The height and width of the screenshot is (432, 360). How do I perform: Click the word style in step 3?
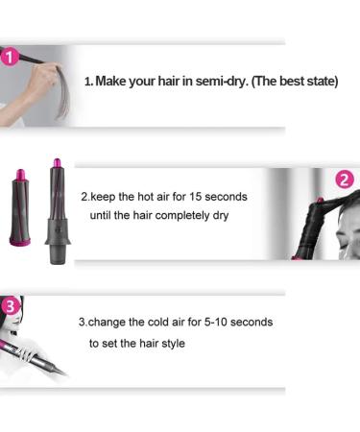coord(171,342)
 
